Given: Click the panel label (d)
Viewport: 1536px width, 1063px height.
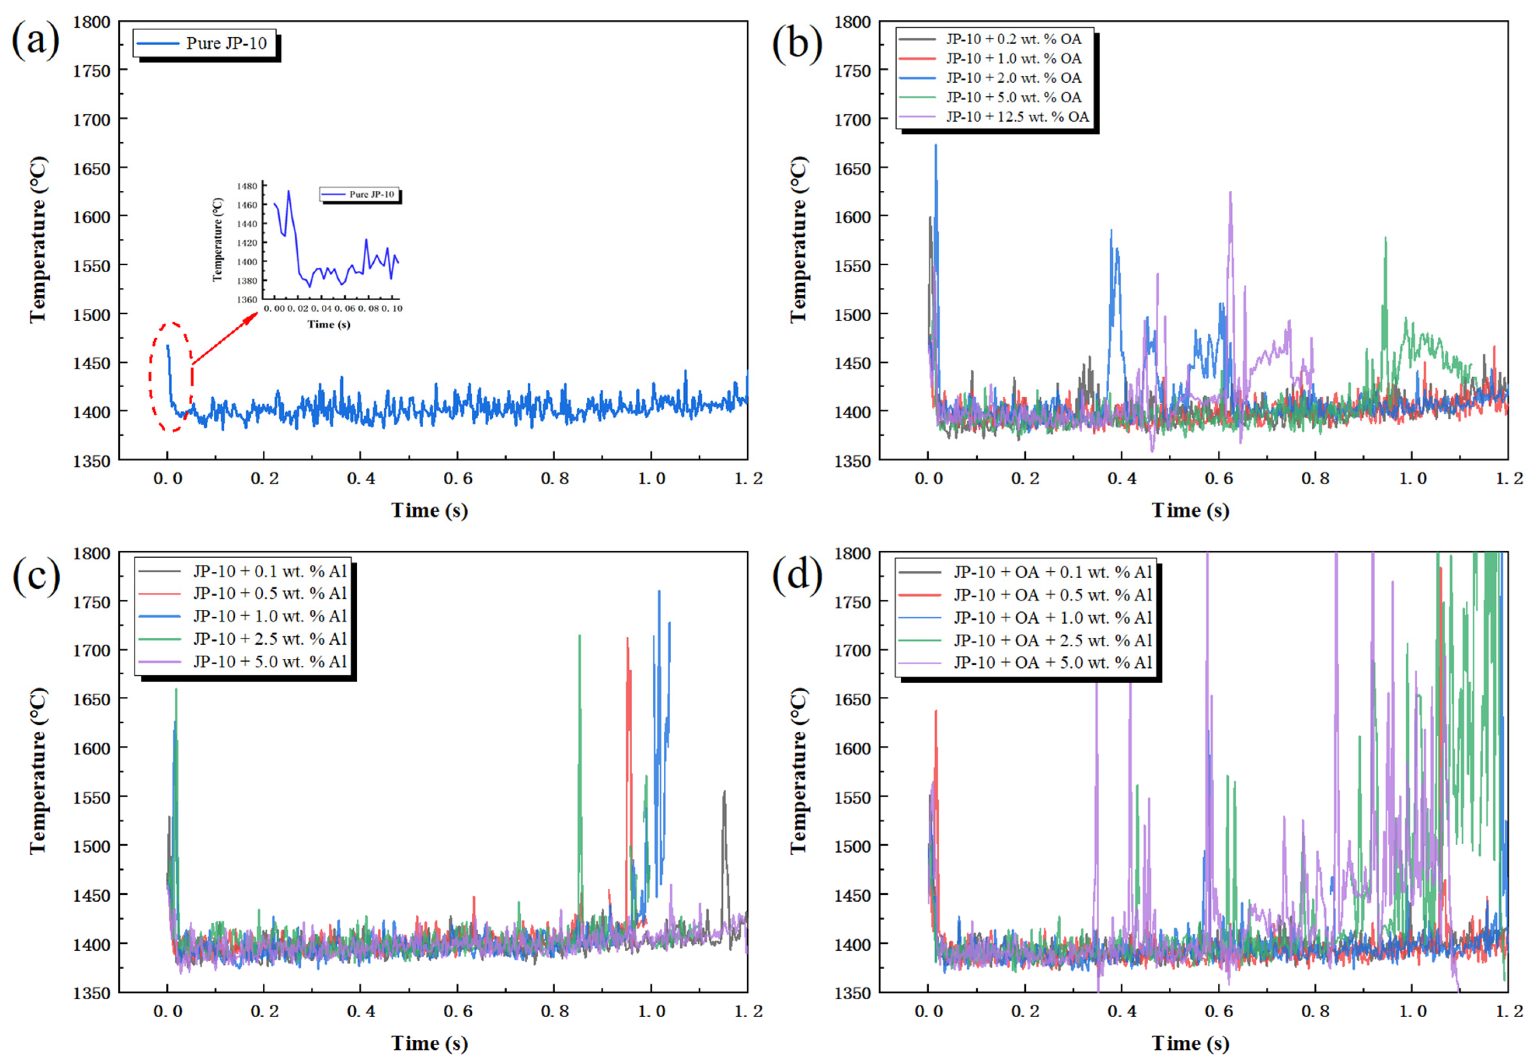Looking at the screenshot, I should tap(797, 574).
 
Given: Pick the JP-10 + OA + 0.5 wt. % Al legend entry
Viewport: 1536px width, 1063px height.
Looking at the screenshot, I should tap(1032, 594).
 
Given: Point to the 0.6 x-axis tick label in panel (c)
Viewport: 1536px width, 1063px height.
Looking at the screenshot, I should tap(457, 1011).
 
